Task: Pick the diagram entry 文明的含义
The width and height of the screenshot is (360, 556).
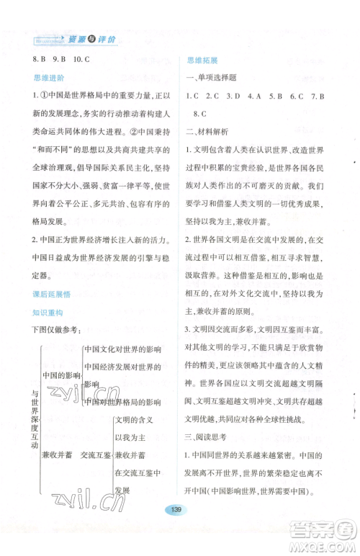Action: [x=135, y=419]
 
